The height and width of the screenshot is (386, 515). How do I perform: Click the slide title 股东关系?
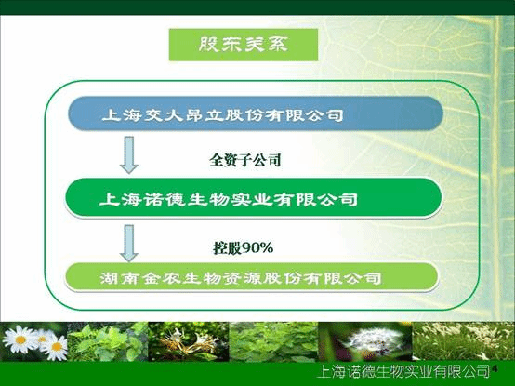pyautogui.click(x=243, y=44)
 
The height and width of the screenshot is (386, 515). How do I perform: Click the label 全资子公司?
pyautogui.click(x=245, y=159)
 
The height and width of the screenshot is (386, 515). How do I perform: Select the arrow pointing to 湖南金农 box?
pyautogui.click(x=129, y=239)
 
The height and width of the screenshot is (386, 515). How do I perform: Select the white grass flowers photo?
pyautogui.click(x=460, y=341)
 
